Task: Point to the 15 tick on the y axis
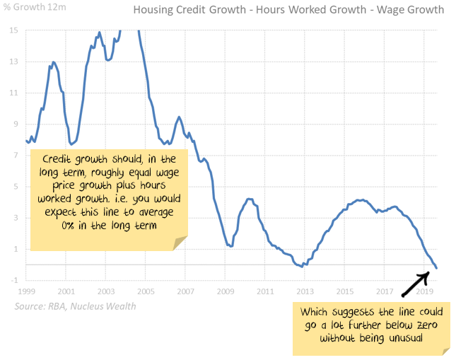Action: [x=14, y=31]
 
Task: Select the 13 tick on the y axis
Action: [x=14, y=62]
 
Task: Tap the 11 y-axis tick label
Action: [x=14, y=93]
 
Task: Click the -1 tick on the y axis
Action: [x=14, y=281]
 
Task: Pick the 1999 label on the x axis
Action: [x=27, y=291]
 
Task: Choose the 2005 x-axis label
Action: [x=146, y=291]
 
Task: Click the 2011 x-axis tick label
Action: [x=265, y=291]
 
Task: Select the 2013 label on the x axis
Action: [x=305, y=291]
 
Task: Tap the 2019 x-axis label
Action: [x=424, y=291]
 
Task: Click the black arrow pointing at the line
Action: [x=418, y=282]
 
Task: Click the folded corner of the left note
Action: [x=182, y=243]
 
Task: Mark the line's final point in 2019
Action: [x=436, y=268]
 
